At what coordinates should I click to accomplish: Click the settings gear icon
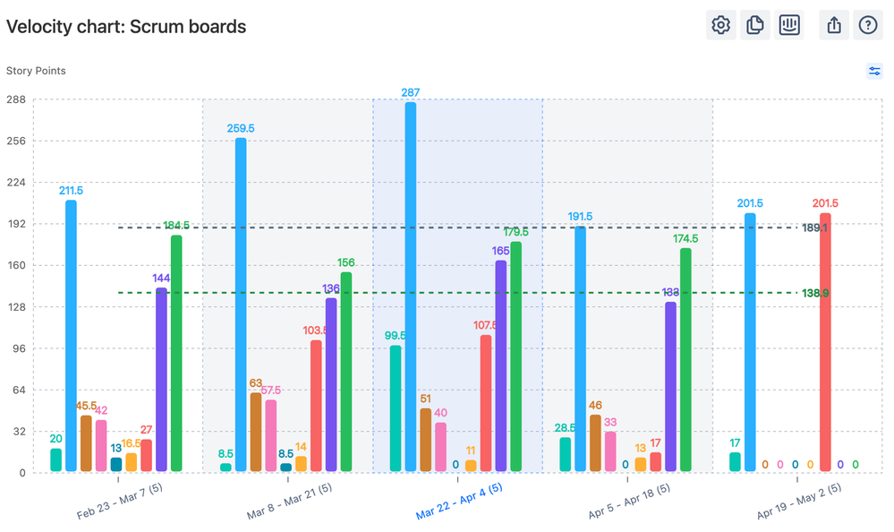720,25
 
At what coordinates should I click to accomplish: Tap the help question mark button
867,25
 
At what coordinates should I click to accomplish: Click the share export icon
834,25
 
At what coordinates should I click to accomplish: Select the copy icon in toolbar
754,25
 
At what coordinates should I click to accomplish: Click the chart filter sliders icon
874,71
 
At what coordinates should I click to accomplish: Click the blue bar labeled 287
411,287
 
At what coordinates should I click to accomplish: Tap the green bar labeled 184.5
176,353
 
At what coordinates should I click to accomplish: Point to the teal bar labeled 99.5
396,408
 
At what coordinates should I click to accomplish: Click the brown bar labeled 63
256,432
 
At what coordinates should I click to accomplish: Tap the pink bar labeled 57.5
271,435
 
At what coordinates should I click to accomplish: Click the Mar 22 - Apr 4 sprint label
458,501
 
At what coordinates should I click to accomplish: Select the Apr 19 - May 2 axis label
798,501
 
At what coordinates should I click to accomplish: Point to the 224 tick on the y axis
15,182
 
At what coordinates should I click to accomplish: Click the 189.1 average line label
815,228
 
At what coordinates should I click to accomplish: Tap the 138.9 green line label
815,293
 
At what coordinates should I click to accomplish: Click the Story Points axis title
36,71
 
